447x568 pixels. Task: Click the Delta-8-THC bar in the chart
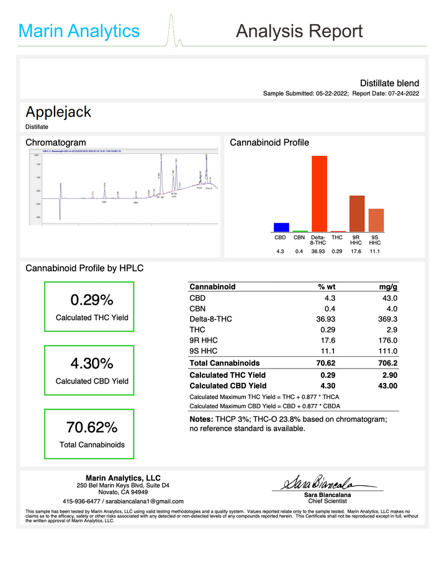[319, 193]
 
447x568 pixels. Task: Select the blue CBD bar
[281, 227]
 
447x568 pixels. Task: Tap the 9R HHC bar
[356, 213]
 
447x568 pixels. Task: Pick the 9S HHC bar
[376, 220]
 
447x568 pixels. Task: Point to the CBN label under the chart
[299, 237]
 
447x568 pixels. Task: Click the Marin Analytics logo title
[79, 31]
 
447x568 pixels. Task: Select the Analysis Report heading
[299, 31]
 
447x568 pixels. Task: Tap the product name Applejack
[58, 112]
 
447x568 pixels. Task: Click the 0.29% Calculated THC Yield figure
[92, 300]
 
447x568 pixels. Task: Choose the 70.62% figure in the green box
[92, 428]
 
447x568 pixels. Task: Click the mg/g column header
[388, 287]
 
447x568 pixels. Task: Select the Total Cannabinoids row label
[225, 363]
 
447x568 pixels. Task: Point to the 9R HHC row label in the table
[204, 340]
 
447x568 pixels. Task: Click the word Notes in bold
[202, 420]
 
